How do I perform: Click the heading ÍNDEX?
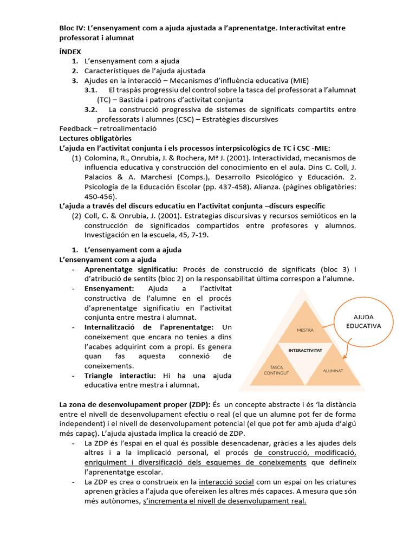pos(70,51)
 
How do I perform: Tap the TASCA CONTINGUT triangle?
pos(276,369)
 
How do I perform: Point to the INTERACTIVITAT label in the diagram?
pos(305,351)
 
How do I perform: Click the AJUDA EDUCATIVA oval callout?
pos(363,321)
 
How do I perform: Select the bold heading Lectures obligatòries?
pos(88,138)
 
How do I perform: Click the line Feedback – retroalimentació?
pos(108,129)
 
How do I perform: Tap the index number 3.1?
pos(90,90)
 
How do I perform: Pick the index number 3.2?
pos(90,109)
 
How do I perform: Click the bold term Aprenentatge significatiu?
pos(131,269)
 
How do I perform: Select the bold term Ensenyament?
pos(109,289)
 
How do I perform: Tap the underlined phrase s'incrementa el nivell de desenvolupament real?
pos(225,501)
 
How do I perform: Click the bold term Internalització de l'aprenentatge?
pos(149,327)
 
